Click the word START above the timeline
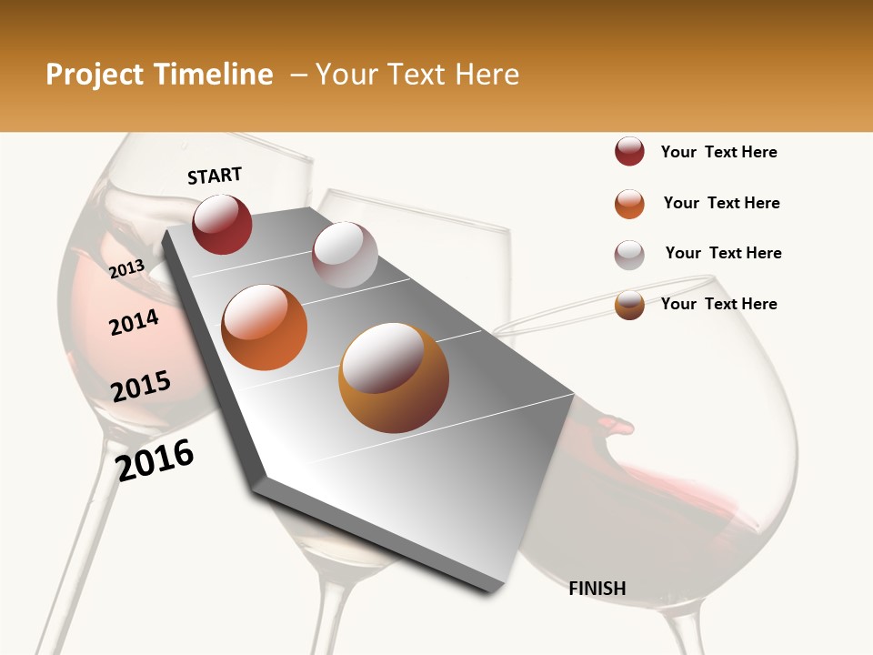215,175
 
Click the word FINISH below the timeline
597,589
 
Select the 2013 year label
126,268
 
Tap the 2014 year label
134,322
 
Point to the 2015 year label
141,387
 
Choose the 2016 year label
155,459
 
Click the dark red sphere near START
222,224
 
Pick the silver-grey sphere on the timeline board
345,254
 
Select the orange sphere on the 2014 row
265,327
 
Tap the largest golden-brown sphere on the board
394,378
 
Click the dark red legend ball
629,151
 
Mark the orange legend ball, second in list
629,203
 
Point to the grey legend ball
629,254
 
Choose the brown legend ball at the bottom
629,305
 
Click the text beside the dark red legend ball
718,152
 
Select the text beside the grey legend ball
723,253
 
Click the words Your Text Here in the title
417,75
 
